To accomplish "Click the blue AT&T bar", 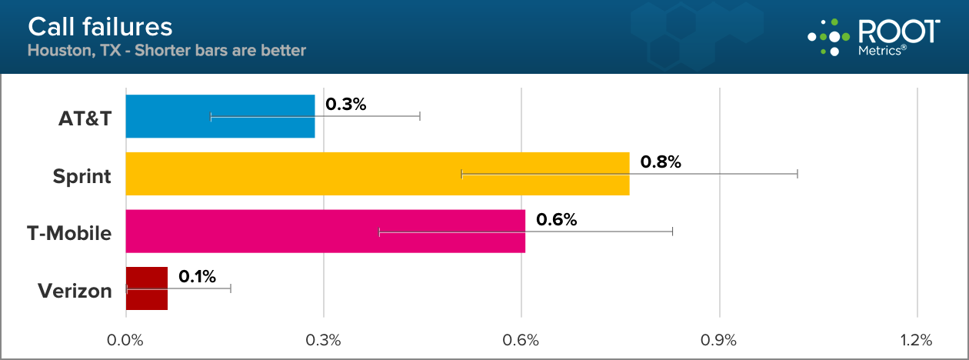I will point(220,116).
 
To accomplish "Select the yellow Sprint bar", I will point(377,174).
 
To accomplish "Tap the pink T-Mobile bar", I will point(325,232).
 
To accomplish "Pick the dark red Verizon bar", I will point(146,288).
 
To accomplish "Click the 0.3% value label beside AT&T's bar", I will point(346,104).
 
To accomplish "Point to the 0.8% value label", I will point(661,162).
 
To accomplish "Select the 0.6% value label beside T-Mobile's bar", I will point(556,219).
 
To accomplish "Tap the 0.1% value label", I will point(198,275).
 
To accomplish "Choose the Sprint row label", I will point(82,177).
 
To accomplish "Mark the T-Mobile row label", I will point(69,234).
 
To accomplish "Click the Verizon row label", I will point(75,292).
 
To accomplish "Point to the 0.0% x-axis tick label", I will point(126,340).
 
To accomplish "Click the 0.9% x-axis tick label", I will point(719,340).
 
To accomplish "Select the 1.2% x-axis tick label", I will point(916,340).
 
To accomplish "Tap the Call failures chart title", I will point(100,27).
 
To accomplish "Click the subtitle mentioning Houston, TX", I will point(167,51).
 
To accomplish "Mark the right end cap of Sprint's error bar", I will point(798,174).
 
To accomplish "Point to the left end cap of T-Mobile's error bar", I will point(380,232).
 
